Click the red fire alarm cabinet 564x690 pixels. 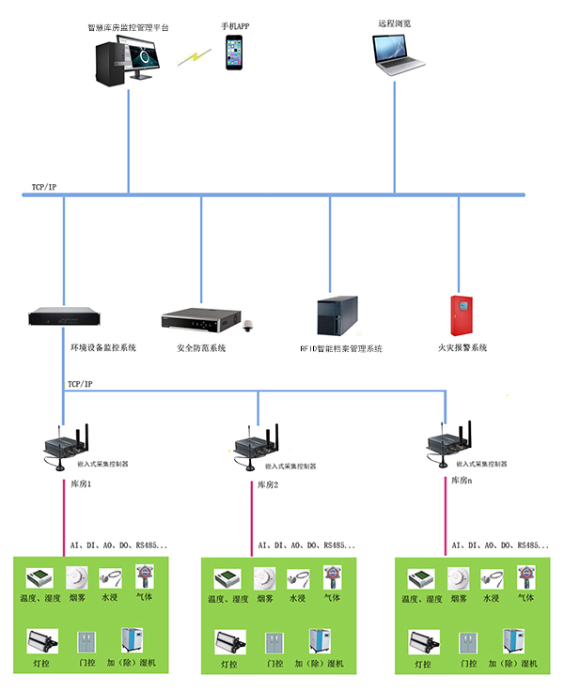click(x=460, y=316)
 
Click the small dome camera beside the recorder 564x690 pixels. click(x=249, y=328)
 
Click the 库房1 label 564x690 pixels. click(x=82, y=484)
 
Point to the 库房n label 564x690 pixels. click(x=458, y=480)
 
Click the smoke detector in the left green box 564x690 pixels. click(x=78, y=577)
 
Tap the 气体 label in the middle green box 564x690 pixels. click(x=333, y=598)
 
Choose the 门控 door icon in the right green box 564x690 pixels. click(x=467, y=643)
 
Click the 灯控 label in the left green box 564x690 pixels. click(x=40, y=664)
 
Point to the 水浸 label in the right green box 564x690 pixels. click(x=491, y=598)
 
